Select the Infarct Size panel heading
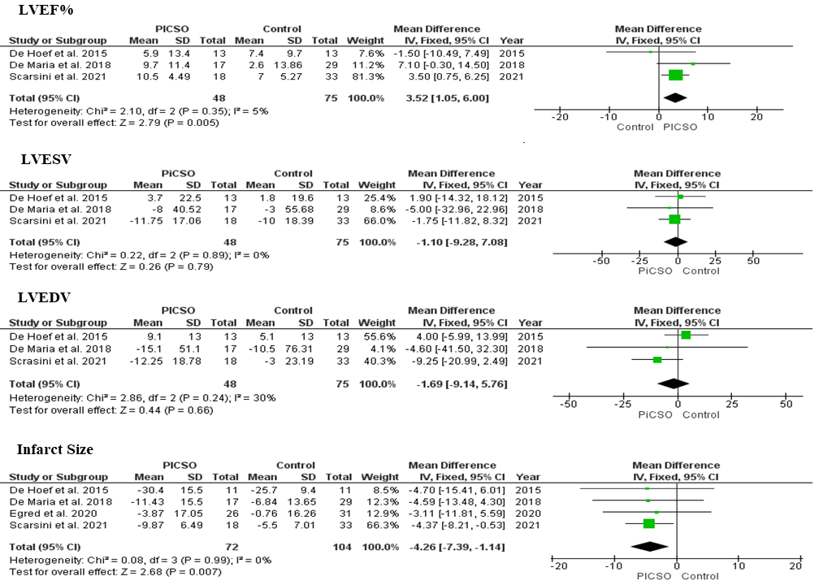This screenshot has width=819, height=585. [57, 449]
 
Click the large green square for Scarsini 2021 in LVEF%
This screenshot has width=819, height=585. [675, 76]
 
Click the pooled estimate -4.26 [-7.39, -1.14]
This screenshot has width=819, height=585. [456, 547]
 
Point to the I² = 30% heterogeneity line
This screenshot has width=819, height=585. [142, 397]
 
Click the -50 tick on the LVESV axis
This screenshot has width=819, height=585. [600, 261]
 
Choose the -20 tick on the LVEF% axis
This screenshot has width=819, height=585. [559, 117]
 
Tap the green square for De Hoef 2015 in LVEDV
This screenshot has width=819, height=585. [686, 335]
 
